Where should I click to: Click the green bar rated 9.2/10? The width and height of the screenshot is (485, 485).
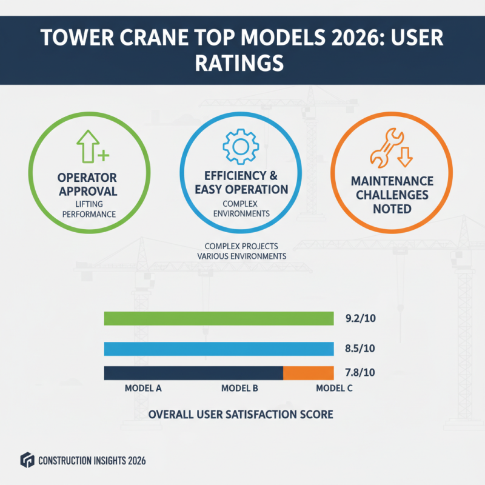click(x=218, y=318)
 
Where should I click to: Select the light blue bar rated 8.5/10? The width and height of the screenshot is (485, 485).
click(x=218, y=349)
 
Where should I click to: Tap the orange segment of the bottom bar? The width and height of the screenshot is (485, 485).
click(x=309, y=373)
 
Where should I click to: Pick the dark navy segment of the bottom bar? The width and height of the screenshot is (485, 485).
click(x=193, y=373)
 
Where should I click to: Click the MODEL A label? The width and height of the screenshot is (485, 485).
click(x=142, y=389)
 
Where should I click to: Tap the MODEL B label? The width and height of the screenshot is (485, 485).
click(x=240, y=389)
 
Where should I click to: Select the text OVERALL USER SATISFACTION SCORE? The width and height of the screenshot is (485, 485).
click(x=241, y=415)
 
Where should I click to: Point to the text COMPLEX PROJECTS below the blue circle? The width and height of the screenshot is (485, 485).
click(x=242, y=247)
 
